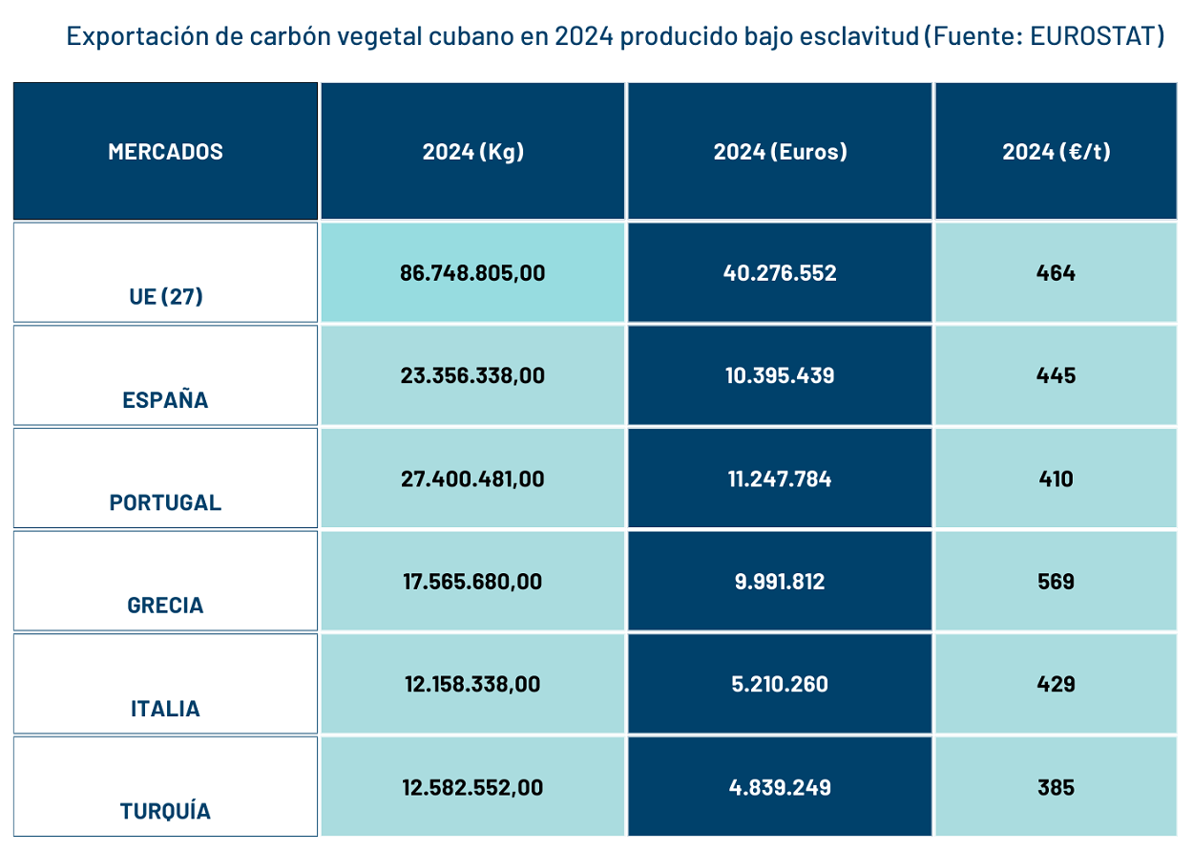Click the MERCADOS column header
pyautogui.click(x=165, y=152)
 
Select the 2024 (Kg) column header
pyautogui.click(x=473, y=152)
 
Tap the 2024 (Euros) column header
pyautogui.click(x=780, y=152)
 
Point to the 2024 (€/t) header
pyautogui.click(x=1056, y=152)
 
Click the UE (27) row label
pyautogui.click(x=165, y=296)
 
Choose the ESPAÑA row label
pyautogui.click(x=165, y=399)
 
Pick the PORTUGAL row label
pyautogui.click(x=165, y=502)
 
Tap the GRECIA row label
pyautogui.click(x=165, y=605)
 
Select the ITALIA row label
pyautogui.click(x=165, y=709)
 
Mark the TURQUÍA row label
pyautogui.click(x=165, y=811)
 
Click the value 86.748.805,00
pyautogui.click(x=472, y=273)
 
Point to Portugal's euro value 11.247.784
pyautogui.click(x=779, y=479)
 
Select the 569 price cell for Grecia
pyautogui.click(x=1056, y=582)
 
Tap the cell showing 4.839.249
pyautogui.click(x=779, y=788)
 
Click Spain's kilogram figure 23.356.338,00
pyautogui.click(x=472, y=375)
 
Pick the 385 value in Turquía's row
pyautogui.click(x=1056, y=788)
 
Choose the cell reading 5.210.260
pyautogui.click(x=779, y=685)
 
